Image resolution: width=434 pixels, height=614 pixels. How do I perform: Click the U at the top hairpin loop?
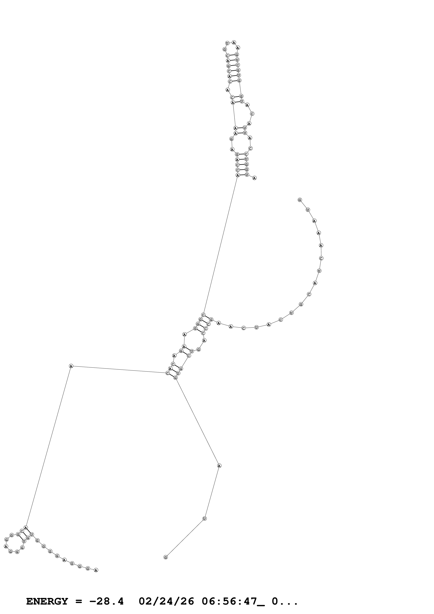click(227, 43)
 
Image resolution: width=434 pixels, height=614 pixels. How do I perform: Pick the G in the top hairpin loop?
click(225, 49)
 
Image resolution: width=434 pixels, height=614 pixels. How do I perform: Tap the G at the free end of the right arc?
click(300, 200)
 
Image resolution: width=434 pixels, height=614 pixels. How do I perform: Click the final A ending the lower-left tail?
click(96, 570)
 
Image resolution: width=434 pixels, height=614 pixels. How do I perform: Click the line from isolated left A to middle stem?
click(119, 369)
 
